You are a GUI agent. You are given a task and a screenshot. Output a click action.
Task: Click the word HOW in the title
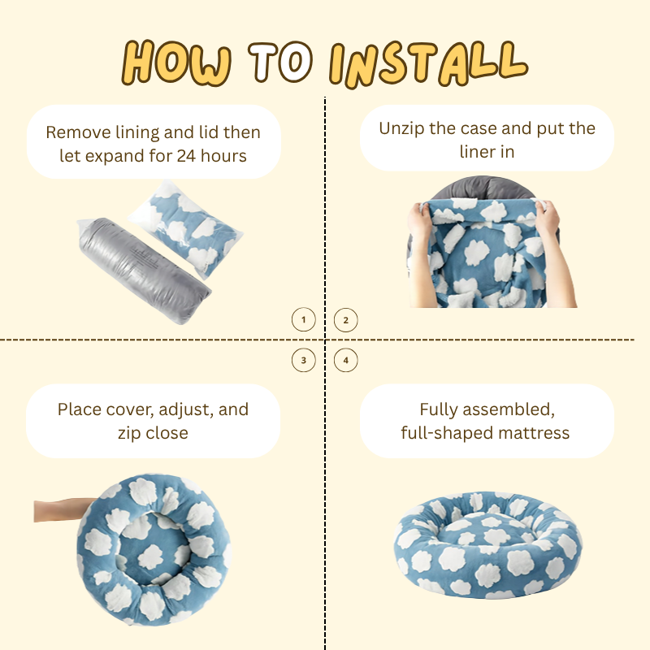tap(176, 63)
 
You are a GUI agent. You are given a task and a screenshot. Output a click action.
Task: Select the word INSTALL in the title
tap(428, 64)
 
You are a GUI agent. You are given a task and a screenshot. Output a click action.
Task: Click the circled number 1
tap(303, 319)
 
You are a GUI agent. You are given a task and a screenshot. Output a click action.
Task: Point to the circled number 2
tap(346, 320)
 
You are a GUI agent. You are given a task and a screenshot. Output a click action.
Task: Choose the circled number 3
tap(303, 360)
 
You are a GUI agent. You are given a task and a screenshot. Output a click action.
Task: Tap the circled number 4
tap(346, 360)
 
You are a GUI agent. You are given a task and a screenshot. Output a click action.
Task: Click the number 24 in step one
tap(186, 156)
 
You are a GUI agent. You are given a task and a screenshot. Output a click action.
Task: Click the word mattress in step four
tap(534, 433)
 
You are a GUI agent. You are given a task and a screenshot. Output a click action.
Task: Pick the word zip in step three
tap(129, 434)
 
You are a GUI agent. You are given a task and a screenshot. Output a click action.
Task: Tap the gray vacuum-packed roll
tap(144, 270)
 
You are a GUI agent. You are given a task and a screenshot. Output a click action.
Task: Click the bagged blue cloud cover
tap(186, 228)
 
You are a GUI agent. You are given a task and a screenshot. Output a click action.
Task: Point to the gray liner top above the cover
tap(483, 188)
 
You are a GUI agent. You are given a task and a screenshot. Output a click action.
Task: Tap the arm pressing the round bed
tap(63, 510)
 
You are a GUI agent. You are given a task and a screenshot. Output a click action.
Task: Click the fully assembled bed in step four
tap(487, 544)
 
